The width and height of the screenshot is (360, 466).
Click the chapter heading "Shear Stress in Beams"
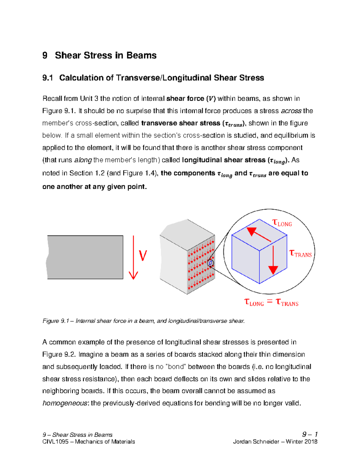click(x=106, y=56)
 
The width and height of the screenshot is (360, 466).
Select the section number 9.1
click(x=47, y=78)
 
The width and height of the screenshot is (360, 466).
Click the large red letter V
click(x=143, y=256)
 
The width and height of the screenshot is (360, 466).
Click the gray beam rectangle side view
click(x=85, y=257)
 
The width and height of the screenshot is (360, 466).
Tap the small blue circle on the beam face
click(x=211, y=263)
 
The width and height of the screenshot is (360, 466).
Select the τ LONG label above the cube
click(x=282, y=223)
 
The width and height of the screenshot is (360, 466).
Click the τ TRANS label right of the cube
click(x=300, y=254)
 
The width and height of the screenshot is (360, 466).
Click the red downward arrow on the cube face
click(x=273, y=260)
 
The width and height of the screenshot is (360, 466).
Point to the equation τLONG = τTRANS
click(x=271, y=302)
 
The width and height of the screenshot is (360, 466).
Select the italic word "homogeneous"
click(x=65, y=403)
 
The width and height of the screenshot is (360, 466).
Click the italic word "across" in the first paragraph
click(x=291, y=111)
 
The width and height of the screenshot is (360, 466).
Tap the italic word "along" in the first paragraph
click(x=83, y=160)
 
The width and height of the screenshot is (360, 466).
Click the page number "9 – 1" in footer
click(x=310, y=434)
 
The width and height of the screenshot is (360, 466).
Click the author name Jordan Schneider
click(x=256, y=442)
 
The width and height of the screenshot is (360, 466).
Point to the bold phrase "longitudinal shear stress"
click(x=223, y=160)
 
